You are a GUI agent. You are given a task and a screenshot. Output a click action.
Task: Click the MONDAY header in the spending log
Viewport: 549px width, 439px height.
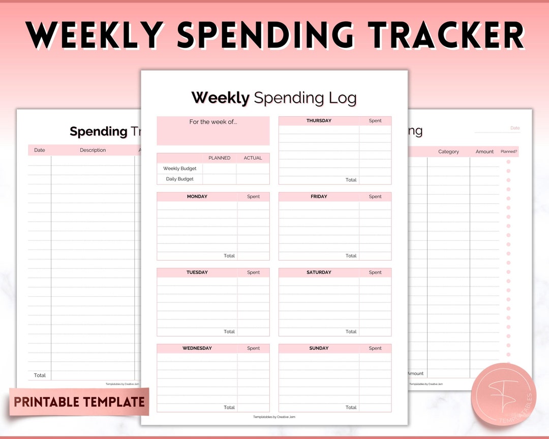197,197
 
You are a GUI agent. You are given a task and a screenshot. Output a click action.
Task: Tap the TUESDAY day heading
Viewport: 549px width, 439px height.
197,272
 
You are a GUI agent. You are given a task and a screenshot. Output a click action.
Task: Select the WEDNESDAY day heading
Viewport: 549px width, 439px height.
197,348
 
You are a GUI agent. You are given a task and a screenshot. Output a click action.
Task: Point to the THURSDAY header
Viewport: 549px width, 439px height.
319,121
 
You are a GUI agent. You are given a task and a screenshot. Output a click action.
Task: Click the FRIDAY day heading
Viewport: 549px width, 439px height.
319,197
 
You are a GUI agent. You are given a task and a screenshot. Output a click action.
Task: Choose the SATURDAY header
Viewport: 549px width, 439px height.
319,272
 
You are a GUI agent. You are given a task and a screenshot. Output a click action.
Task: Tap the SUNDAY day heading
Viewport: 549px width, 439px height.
319,348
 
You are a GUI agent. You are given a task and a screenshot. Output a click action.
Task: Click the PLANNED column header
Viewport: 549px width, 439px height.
220,158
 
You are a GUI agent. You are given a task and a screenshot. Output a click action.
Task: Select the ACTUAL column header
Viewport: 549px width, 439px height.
253,158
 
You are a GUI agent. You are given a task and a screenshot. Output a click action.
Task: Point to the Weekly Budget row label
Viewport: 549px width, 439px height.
179,169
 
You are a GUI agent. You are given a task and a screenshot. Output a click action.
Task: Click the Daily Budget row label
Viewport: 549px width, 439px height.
179,179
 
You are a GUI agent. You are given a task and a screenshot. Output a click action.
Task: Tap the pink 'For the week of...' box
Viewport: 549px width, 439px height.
213,131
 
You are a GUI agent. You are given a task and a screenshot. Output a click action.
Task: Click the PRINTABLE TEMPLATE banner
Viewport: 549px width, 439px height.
79,402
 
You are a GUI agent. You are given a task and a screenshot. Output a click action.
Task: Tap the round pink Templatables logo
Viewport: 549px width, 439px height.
503,395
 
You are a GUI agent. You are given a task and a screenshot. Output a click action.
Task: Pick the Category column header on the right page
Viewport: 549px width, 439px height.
448,151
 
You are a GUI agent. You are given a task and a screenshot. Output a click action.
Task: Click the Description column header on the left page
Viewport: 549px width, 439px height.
93,150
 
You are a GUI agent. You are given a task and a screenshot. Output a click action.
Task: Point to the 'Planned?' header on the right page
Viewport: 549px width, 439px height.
508,151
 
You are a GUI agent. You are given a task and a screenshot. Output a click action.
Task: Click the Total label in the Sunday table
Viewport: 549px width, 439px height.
351,407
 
